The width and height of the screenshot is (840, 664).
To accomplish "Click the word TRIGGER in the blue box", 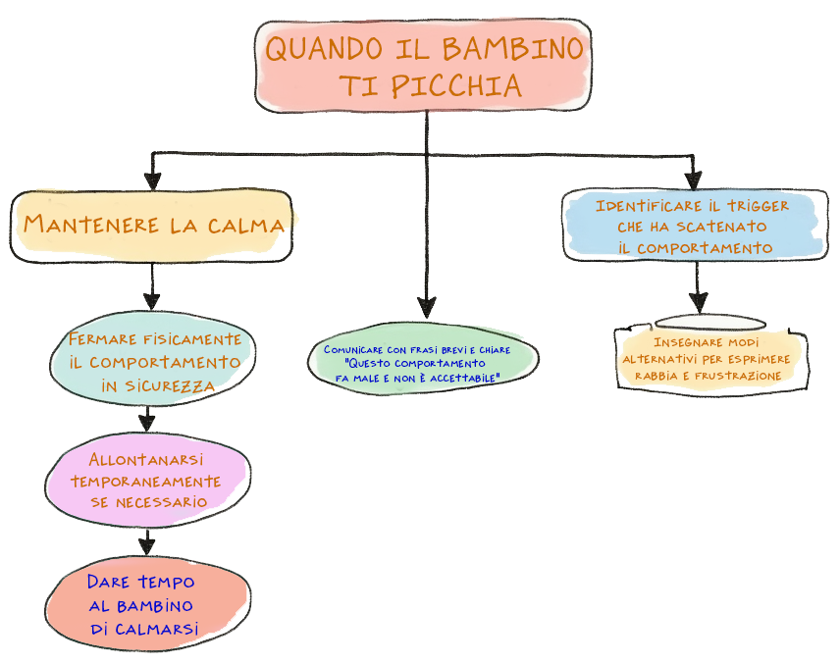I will pyautogui.click(x=756, y=206).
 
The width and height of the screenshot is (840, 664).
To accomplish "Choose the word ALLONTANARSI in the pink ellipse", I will pyautogui.click(x=147, y=459).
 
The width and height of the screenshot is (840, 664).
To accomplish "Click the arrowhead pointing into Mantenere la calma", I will pyautogui.click(x=152, y=180).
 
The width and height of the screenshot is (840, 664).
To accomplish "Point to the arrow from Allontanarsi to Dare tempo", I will pyautogui.click(x=147, y=540).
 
